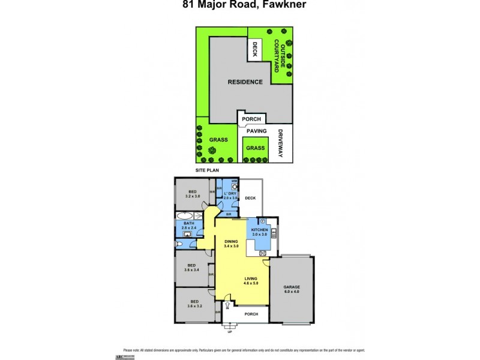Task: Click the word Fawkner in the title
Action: pyautogui.click(x=271, y=6)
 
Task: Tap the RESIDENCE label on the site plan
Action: pyautogui.click(x=244, y=82)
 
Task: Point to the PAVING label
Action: pyautogui.click(x=256, y=130)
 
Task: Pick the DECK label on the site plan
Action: pyautogui.click(x=254, y=49)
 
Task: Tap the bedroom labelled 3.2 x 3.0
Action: pyautogui.click(x=192, y=194)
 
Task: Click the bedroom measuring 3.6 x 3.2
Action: pyautogui.click(x=191, y=303)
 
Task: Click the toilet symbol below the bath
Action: pyautogui.click(x=179, y=245)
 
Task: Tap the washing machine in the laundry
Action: pyautogui.click(x=234, y=187)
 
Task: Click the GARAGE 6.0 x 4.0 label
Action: pyautogui.click(x=292, y=289)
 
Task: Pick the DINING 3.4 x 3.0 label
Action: pyautogui.click(x=231, y=244)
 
